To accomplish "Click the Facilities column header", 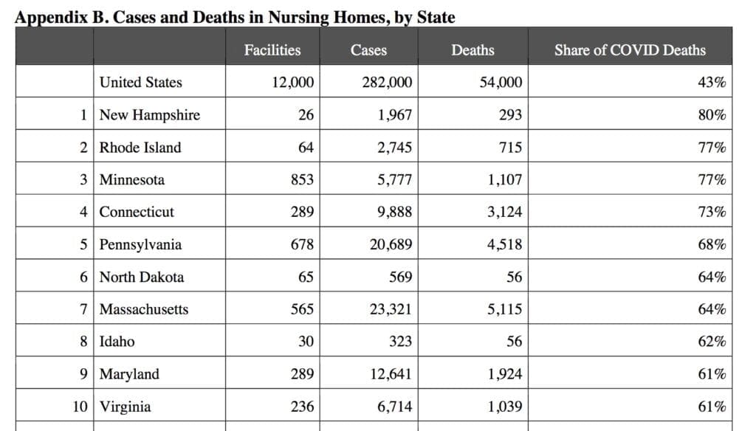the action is [x=272, y=50].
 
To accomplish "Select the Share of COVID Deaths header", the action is [x=630, y=50].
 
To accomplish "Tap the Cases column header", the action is [x=368, y=50].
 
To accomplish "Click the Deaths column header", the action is [x=472, y=50].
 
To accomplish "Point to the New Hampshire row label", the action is [x=149, y=115].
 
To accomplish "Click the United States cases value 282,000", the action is [x=387, y=83].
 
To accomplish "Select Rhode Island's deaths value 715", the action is [x=510, y=147].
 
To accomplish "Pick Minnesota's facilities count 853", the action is [x=302, y=179].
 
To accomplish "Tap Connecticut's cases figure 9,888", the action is [x=394, y=212].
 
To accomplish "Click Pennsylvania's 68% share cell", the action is [x=712, y=244].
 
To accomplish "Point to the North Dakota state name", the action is [x=142, y=277].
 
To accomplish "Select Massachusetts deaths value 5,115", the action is [x=504, y=309].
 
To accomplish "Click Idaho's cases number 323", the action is [x=400, y=341].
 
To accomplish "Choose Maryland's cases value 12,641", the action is [x=391, y=374].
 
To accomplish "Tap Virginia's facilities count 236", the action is [x=302, y=407].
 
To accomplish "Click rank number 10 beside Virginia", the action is [x=80, y=407].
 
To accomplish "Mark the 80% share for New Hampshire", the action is [x=712, y=114].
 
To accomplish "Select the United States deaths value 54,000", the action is [x=501, y=83].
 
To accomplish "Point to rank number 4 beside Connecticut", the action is [x=84, y=212].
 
